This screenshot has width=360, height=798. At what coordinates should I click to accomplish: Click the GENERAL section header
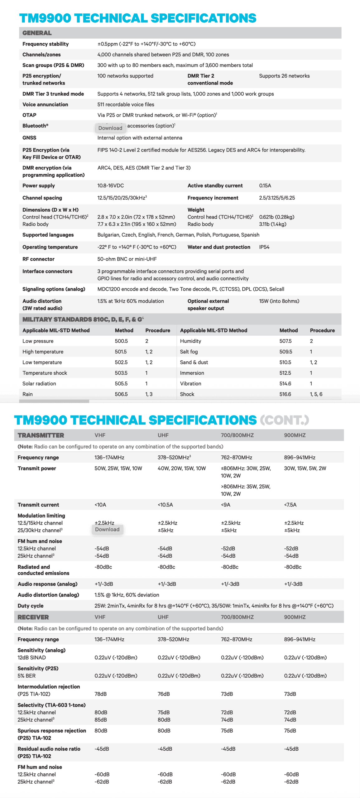(37, 33)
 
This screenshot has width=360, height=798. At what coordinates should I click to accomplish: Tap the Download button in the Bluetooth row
(110, 128)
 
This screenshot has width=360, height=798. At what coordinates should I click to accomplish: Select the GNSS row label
(29, 138)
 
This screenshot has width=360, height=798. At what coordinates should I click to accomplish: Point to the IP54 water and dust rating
(264, 247)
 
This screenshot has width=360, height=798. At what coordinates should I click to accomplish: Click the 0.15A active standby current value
(265, 185)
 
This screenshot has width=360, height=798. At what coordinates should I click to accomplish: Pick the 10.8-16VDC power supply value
(110, 185)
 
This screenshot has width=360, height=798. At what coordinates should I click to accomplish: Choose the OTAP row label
(29, 115)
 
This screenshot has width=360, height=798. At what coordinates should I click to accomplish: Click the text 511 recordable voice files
(126, 104)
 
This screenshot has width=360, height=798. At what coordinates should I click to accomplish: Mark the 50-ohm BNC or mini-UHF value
(127, 259)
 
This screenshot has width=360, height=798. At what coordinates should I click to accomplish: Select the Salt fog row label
(189, 352)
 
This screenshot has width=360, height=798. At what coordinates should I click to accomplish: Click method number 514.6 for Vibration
(285, 383)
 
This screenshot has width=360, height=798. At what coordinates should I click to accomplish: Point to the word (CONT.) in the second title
(284, 420)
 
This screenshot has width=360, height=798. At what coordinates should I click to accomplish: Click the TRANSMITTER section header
(41, 435)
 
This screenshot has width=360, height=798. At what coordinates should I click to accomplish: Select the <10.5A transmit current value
(165, 505)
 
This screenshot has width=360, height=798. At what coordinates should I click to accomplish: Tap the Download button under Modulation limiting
(107, 529)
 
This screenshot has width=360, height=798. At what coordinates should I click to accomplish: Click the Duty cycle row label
(31, 606)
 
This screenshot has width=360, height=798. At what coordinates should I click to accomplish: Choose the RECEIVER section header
(33, 617)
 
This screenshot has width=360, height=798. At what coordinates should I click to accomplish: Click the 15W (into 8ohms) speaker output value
(279, 301)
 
